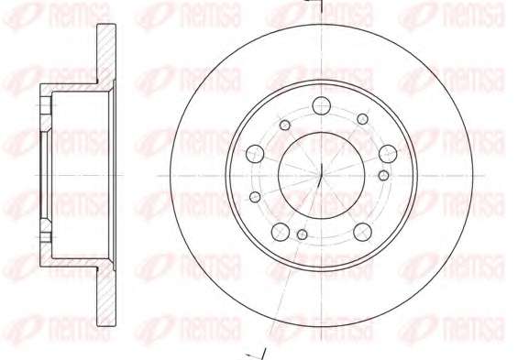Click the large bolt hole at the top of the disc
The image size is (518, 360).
coord(321,105)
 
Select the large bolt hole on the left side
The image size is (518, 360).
coord(255,154)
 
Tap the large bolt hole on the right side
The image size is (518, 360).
coord(388,154)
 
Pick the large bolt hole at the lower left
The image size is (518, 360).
coord(281,232)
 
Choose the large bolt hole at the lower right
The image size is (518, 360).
coord(362,232)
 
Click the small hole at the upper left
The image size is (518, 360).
coord(285,125)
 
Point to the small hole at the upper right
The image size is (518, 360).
coord(363,119)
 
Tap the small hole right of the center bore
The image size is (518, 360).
coord(383,175)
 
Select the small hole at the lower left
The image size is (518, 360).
coord(255,197)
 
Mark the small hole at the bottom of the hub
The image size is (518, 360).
coord(302,235)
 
